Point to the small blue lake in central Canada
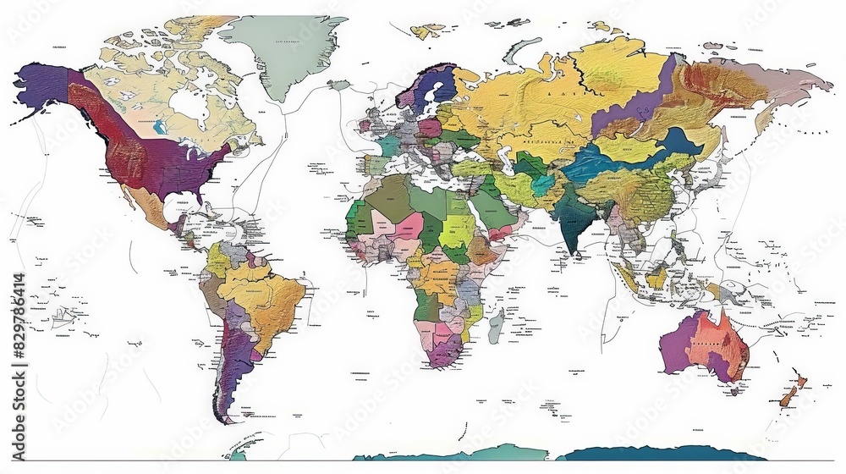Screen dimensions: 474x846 158,130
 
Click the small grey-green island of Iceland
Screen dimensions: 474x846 339,85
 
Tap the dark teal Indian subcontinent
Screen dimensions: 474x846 575,224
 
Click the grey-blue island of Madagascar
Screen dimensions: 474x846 497,325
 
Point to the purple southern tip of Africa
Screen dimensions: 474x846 442,351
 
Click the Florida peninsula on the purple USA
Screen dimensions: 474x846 201,194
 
